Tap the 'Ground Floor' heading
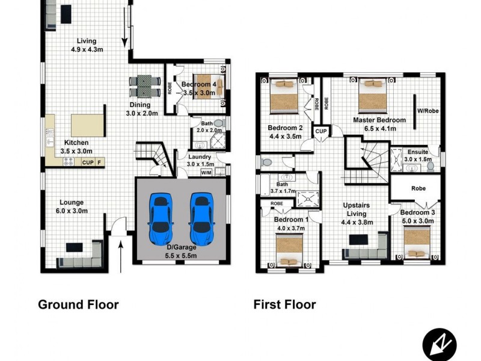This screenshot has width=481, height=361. pos(78,304)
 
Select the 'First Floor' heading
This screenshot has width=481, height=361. pos(284,304)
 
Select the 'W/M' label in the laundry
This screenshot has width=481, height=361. pos(206,172)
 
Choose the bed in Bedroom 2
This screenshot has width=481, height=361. pos(283,96)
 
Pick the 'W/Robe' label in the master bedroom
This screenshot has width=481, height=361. pos(429,110)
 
